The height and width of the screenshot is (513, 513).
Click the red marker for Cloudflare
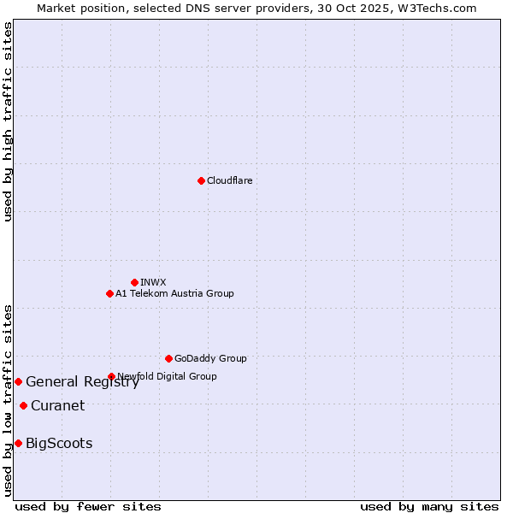201,180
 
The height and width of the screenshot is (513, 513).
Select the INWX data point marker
134,282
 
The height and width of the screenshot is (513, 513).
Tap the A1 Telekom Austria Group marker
109,293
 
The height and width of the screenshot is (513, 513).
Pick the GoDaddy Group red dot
168,358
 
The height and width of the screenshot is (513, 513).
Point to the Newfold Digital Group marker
111,376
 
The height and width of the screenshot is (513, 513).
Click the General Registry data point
18,381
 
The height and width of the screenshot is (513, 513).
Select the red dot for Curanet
23,405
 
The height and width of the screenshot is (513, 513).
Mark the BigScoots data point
18,443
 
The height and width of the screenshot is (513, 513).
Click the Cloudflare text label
229,180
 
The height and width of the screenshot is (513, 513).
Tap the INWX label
153,282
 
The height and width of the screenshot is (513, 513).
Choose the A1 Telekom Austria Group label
174,293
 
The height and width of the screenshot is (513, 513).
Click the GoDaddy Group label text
210,358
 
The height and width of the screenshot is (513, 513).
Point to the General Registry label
82,382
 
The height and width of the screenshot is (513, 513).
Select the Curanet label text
57,405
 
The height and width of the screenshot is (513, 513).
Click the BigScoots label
59,443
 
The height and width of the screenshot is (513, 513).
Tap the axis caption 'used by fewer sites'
88,506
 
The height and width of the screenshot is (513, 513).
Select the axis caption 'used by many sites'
429,506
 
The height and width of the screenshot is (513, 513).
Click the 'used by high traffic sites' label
9,121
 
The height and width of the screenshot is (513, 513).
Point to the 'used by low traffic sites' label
9,400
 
